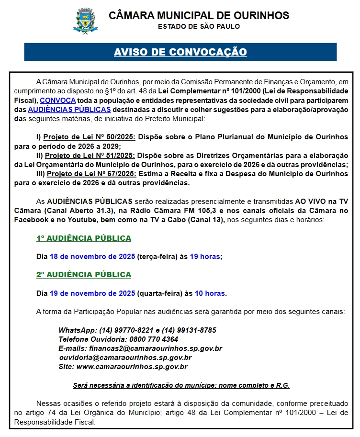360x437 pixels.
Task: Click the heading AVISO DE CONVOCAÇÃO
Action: coord(180,52)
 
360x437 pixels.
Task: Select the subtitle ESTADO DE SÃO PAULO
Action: coord(199,26)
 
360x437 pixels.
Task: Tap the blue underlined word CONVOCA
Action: coord(57,101)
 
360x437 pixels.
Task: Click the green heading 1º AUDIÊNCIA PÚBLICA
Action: coord(84,238)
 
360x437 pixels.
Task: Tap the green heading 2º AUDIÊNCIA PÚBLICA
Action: coord(84,275)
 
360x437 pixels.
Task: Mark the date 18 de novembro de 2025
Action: coord(92,257)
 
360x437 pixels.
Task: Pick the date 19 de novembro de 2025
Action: coord(92,293)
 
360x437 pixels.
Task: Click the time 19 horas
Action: coord(205,257)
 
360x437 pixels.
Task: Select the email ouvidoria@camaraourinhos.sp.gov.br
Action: coord(125,358)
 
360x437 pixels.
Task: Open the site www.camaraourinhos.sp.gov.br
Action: coord(132,367)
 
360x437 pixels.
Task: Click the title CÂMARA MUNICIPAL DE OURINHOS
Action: coord(199,15)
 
